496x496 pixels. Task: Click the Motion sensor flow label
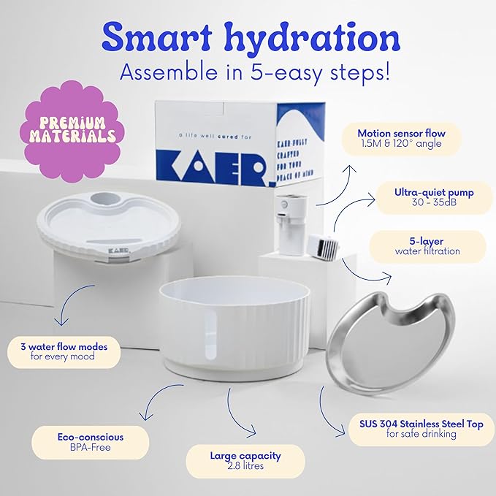pyautogui.click(x=401, y=139)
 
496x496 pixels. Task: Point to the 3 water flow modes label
pyautogui.click(x=63, y=351)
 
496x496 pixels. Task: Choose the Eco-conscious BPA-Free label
pyautogui.click(x=91, y=442)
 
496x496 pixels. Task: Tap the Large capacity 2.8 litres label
pyautogui.click(x=245, y=460)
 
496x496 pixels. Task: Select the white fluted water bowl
pyautogui.click(x=234, y=322)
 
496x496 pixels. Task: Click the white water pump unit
pyautogui.click(x=293, y=224)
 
